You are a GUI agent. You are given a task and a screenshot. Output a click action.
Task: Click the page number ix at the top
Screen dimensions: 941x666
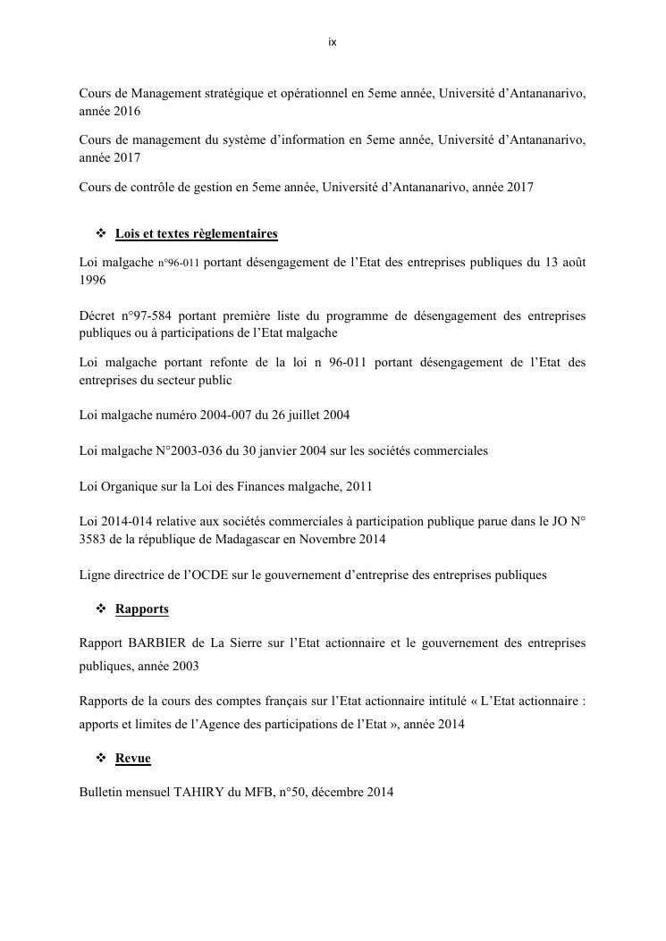333,42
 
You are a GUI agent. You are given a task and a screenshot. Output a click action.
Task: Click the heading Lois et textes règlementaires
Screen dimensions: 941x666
196,234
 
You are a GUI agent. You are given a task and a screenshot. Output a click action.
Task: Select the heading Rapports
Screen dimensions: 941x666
141,609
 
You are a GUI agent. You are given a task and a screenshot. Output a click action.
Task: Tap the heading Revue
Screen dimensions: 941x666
132,759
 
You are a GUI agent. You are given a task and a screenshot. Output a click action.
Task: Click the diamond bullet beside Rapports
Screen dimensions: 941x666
101,609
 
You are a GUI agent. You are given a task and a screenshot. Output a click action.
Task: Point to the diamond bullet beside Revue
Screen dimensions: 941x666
101,759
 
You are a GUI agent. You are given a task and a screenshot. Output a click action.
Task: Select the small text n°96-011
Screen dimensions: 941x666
179,264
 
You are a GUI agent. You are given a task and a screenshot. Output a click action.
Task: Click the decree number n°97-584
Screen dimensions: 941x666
142,316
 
